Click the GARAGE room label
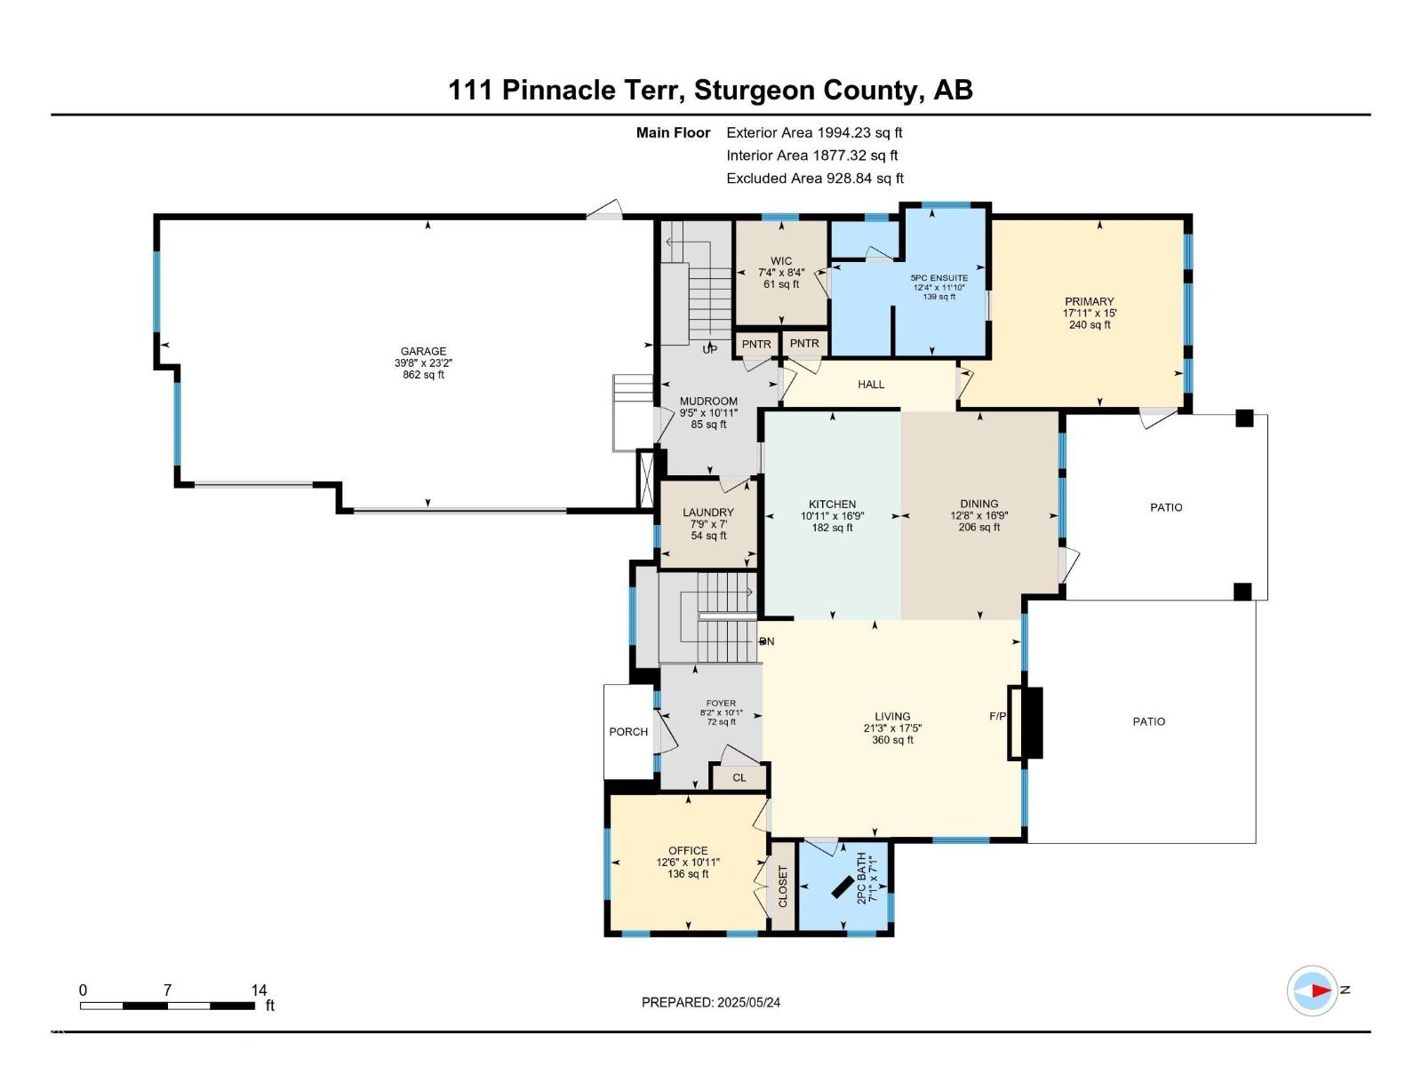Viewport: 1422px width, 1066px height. coord(423,351)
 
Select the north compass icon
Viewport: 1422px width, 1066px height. coord(1313,990)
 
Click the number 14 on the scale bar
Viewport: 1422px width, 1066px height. coord(259,990)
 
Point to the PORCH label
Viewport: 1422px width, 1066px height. coord(628,732)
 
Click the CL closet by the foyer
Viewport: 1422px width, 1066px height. coord(739,777)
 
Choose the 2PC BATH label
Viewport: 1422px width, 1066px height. coord(860,879)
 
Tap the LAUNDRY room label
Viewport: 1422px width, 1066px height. coord(708,513)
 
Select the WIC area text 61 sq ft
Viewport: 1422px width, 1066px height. coord(781,284)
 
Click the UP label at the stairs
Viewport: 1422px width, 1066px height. coord(709,350)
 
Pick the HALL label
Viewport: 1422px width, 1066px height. coord(871,385)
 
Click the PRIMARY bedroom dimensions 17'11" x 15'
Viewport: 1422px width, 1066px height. coord(1090,313)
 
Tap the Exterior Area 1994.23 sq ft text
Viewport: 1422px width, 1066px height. coord(814,132)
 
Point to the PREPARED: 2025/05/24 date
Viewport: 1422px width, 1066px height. coord(711,1002)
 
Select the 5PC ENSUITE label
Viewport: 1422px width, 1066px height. coord(939,278)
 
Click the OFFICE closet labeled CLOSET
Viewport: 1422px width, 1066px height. coord(783,887)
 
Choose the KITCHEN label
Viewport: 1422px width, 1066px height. coord(832,504)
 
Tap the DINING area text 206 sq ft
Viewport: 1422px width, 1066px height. coord(979,527)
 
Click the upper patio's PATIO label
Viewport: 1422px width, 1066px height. coord(1166,507)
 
